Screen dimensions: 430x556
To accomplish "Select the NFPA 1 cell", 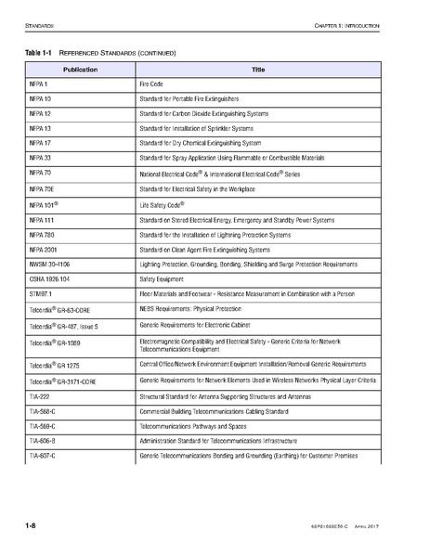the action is point(38,84).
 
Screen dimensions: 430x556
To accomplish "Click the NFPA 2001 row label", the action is point(45,250).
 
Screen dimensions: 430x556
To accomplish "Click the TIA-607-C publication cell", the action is point(43,458).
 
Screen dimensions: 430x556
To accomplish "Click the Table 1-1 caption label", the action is point(37,54).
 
